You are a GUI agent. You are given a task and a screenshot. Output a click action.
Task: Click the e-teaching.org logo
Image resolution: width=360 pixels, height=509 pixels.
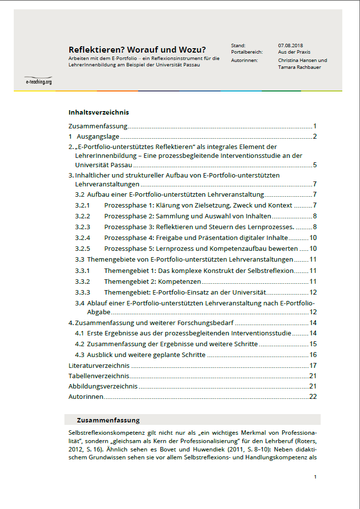click(38, 81)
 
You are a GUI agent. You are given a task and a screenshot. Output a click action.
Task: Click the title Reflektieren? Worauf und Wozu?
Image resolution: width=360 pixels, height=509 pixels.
click(137, 50)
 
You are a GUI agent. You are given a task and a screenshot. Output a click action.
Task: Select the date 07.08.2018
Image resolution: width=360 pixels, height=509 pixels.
click(291, 45)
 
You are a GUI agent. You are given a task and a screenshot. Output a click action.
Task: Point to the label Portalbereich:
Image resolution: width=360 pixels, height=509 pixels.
click(247, 52)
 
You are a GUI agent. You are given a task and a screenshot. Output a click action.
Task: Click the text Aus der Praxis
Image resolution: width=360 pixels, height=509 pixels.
click(294, 52)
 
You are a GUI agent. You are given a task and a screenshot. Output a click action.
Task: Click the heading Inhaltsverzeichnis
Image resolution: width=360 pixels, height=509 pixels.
click(99, 112)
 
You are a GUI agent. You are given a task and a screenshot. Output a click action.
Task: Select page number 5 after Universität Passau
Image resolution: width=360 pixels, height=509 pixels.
click(315, 165)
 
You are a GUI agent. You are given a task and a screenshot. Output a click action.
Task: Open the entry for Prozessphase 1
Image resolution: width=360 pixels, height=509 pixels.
click(198, 205)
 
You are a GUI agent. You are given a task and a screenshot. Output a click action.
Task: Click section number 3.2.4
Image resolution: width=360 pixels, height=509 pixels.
click(83, 238)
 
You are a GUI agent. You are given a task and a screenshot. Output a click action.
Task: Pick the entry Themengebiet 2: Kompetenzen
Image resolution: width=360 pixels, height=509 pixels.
click(152, 281)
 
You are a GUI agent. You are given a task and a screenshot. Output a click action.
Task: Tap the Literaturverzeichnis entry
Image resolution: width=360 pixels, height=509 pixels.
click(99, 365)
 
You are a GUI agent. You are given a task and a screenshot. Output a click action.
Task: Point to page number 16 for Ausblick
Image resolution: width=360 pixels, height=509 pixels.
click(313, 355)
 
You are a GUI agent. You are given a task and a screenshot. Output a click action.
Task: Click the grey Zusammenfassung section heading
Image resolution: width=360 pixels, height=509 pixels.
click(108, 420)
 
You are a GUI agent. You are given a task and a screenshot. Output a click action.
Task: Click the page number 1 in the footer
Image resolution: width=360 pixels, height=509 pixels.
click(315, 477)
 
